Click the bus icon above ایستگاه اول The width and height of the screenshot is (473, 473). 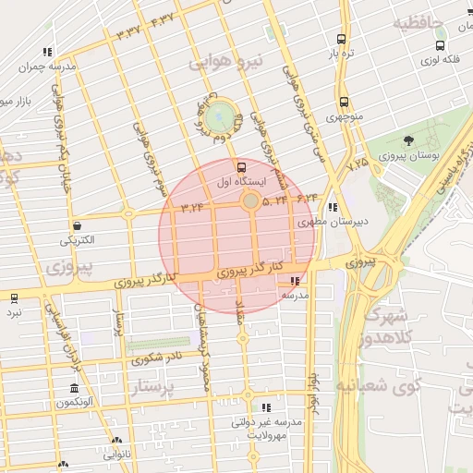pos(241,167)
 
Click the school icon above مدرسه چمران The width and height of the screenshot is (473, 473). pos(46,53)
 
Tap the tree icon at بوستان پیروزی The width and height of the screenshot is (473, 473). pos(408,140)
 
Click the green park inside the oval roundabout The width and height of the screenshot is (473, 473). pos(220,117)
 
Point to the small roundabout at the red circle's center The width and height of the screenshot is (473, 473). pos(250,200)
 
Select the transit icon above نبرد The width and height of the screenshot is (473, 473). pos(13,297)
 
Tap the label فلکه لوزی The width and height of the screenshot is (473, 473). pos(441,59)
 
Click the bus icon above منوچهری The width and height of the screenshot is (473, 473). pos(343,103)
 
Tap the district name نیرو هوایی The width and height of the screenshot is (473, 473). pos(226,62)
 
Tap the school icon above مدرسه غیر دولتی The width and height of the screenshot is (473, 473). pos(267,407)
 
